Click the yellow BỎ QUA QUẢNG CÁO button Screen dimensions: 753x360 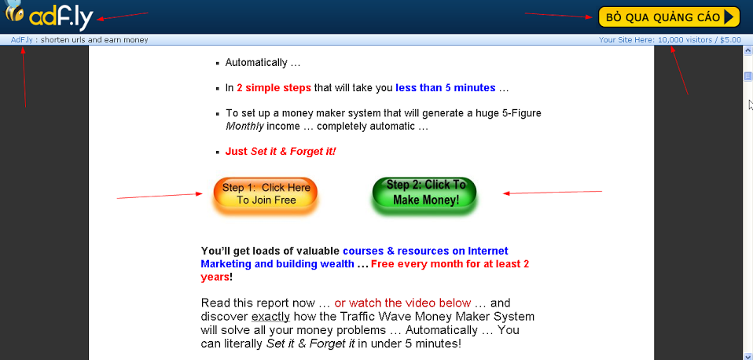click(669, 17)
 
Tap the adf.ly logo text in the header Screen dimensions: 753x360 click(61, 19)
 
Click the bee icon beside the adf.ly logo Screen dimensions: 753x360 click(13, 11)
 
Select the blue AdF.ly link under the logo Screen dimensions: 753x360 click(21, 40)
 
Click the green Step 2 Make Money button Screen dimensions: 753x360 click(424, 193)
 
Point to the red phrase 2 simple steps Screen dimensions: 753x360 click(274, 88)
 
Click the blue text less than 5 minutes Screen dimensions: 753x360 click(445, 88)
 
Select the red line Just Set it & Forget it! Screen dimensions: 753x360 click(281, 152)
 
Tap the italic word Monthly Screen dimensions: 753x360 click(245, 127)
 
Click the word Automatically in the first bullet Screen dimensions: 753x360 click(256, 63)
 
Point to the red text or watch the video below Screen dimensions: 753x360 click(402, 303)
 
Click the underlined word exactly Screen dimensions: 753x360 click(271, 317)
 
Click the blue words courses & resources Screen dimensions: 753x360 click(403, 251)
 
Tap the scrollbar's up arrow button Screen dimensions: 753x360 click(747, 50)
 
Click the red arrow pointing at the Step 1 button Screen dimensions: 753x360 click(160, 196)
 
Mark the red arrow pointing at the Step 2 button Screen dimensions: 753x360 click(553, 193)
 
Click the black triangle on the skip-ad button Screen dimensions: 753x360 click(729, 17)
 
